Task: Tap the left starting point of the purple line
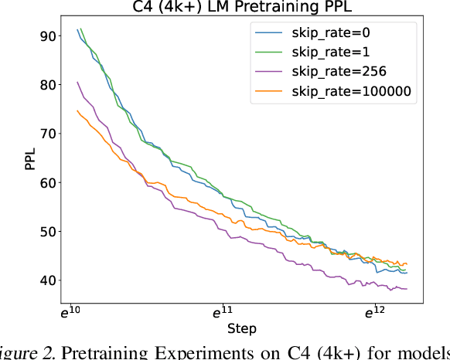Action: click(77, 82)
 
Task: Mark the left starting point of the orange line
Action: click(77, 110)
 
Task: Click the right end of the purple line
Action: click(407, 288)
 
